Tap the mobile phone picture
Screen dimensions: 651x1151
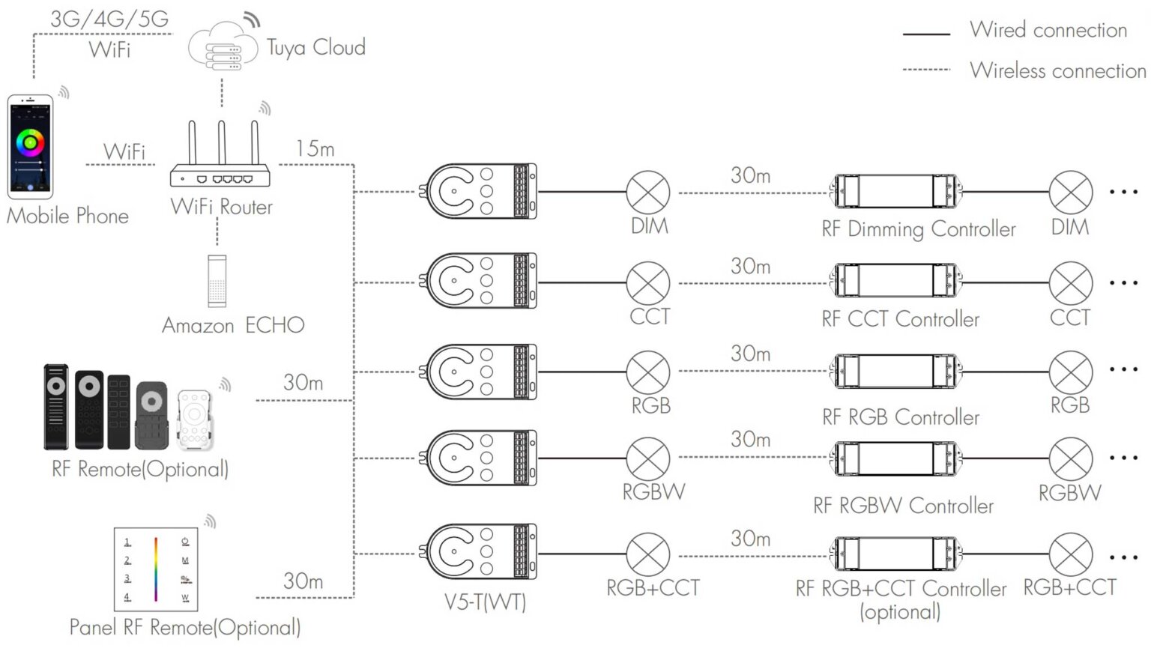[x=30, y=146]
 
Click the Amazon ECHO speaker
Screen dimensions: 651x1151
[x=217, y=281]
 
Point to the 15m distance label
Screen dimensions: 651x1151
[x=315, y=149]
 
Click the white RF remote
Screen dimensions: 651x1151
[x=194, y=419]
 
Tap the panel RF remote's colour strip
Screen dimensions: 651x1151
[x=156, y=569]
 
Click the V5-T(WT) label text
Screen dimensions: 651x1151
[x=485, y=602]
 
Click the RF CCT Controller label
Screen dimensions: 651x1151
[x=900, y=319]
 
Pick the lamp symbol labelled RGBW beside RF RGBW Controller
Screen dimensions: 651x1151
[x=1070, y=458]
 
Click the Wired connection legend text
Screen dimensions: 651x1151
[x=1048, y=30]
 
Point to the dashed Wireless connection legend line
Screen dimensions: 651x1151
[x=926, y=70]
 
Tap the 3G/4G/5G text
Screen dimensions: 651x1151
[x=109, y=19]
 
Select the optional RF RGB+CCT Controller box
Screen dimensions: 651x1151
[x=895, y=554]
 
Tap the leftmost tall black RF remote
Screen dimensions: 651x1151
[x=56, y=406]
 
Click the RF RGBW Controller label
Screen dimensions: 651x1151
[x=903, y=506]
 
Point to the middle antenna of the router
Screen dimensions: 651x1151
[x=222, y=142]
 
